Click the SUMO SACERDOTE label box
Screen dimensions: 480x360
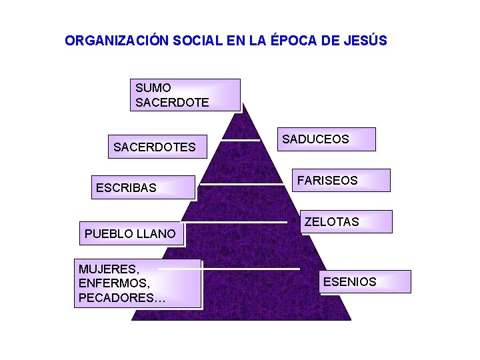click(x=185, y=95)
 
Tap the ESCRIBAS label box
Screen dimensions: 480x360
click(x=143, y=187)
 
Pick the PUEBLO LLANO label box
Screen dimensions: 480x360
click(x=131, y=233)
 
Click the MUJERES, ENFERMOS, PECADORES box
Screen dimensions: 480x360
click(x=137, y=283)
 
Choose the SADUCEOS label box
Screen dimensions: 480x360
click(x=326, y=139)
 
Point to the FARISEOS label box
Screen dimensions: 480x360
click(x=341, y=180)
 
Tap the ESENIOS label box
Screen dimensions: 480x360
click(x=365, y=281)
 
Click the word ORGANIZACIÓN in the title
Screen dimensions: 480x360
click(x=117, y=41)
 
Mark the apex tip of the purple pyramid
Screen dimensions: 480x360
click(x=243, y=104)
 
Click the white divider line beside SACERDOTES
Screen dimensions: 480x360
click(x=241, y=140)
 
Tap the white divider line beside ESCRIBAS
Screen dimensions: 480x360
click(x=241, y=183)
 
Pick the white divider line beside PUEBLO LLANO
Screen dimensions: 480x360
click(x=235, y=221)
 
